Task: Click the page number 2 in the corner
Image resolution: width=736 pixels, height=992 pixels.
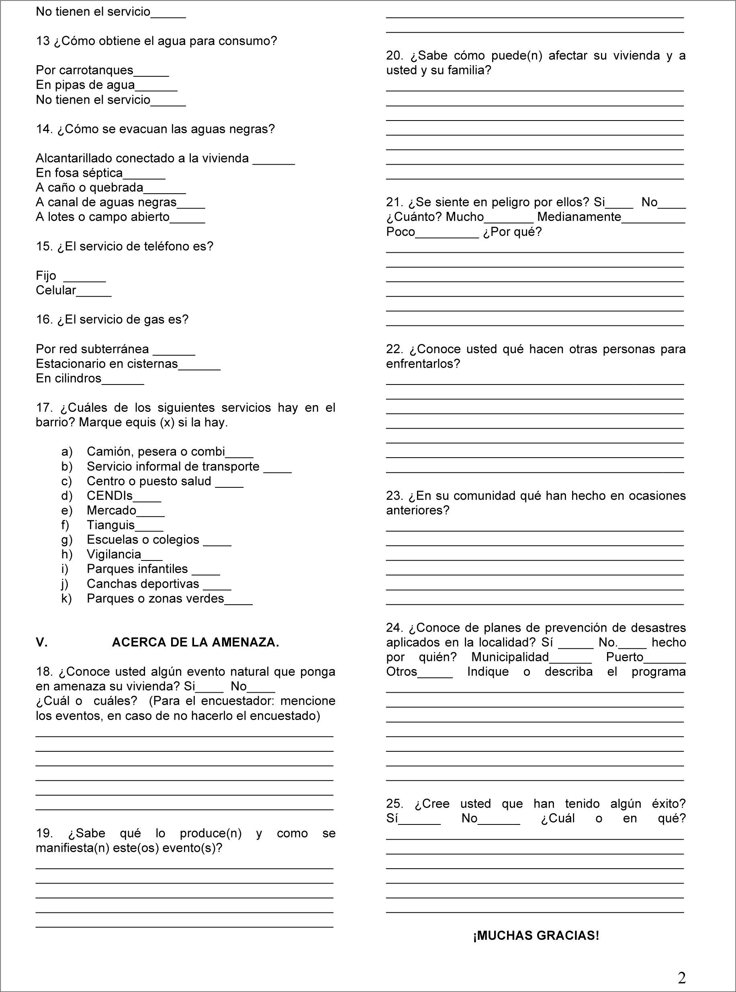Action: (x=682, y=978)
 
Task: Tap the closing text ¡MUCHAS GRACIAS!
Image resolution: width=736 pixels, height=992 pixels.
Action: (x=536, y=935)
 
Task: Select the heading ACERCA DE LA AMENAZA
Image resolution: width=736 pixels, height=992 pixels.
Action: (x=195, y=642)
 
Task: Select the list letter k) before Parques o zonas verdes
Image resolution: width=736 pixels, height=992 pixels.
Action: (x=66, y=598)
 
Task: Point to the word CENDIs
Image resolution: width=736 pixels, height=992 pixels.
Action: (x=110, y=495)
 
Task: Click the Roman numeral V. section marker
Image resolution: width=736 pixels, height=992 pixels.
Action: (x=41, y=642)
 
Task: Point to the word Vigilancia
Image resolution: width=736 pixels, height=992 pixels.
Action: (x=114, y=554)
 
